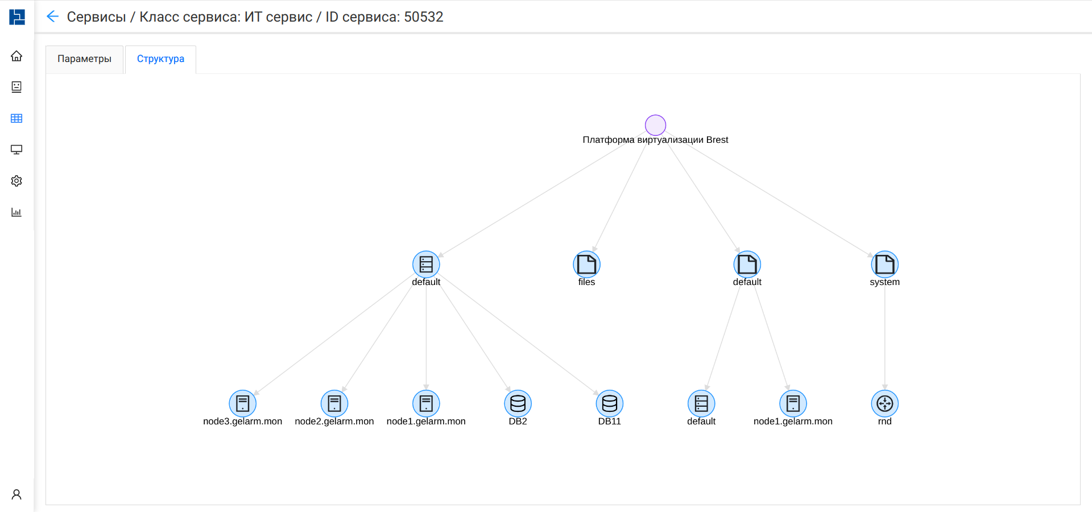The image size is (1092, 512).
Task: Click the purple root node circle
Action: pos(655,125)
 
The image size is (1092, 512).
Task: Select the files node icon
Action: pos(586,265)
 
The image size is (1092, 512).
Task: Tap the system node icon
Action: pos(884,265)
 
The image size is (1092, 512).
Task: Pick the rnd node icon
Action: pos(884,404)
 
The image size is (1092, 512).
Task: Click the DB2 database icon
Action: pos(518,404)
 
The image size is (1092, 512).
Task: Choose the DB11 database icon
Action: pos(610,404)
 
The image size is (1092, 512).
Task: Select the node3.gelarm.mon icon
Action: pos(243,404)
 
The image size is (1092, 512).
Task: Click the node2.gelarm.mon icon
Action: pos(334,404)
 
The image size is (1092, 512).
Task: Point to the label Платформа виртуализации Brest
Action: pos(655,140)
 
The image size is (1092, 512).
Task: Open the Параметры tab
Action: pos(84,59)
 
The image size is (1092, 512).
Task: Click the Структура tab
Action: pos(160,59)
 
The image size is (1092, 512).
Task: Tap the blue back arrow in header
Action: pos(52,16)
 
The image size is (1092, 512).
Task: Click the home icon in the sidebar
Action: pos(16,56)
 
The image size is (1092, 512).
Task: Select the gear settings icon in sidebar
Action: pos(16,181)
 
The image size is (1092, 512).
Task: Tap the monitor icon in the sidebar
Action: pos(16,150)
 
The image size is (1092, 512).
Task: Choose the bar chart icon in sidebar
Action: pos(16,212)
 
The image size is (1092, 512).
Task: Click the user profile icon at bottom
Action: pos(16,494)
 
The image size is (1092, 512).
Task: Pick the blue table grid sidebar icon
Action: pos(16,118)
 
